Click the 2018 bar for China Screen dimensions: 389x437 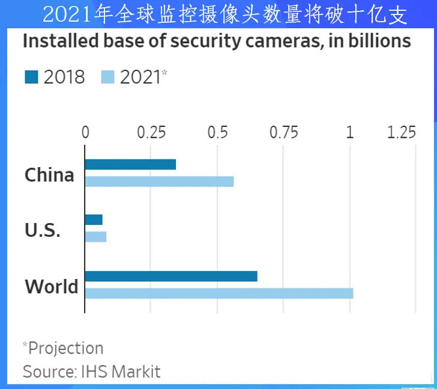point(130,165)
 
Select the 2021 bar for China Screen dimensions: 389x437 point(159,182)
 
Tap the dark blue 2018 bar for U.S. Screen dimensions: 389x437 point(94,219)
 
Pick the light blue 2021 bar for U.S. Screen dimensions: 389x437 point(95,237)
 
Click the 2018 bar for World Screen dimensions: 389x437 point(171,276)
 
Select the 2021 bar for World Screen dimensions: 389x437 point(218,293)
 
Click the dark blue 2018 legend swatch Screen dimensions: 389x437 point(32,77)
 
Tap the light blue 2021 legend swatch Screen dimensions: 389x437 point(108,77)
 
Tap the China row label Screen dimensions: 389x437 point(49,175)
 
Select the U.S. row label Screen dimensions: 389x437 point(43,230)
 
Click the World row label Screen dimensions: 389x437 point(52,286)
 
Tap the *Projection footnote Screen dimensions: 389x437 point(63,348)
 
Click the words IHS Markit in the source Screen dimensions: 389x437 point(121,372)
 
